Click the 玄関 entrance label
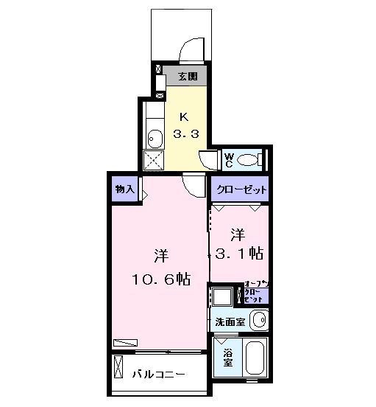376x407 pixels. click(185, 75)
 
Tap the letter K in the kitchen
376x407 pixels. click(185, 117)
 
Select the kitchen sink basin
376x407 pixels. click(155, 137)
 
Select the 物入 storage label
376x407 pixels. click(124, 189)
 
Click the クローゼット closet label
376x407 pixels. click(240, 189)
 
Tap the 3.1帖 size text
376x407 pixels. click(237, 253)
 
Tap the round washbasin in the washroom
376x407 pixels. click(258, 320)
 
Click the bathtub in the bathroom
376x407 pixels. click(257, 359)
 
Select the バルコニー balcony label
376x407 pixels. click(159, 375)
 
